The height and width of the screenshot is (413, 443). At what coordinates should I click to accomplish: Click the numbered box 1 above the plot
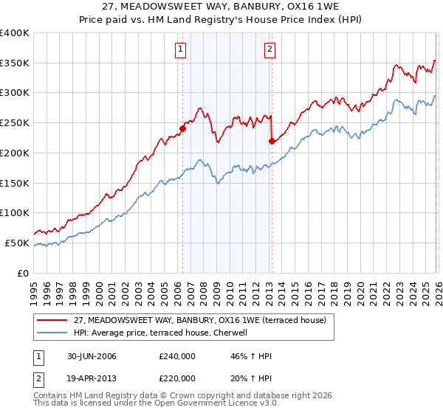point(181,50)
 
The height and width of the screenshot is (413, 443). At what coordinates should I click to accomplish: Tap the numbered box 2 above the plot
point(269,50)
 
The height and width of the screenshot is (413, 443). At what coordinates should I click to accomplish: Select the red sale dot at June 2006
point(182,128)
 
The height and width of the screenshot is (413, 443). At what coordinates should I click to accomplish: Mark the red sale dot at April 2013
point(272,140)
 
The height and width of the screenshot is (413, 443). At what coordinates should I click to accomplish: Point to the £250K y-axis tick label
point(14,122)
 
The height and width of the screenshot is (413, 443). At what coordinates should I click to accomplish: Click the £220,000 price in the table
point(177,378)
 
